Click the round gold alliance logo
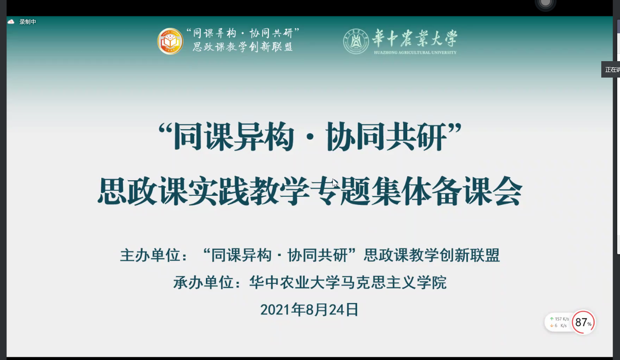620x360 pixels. [x=170, y=41]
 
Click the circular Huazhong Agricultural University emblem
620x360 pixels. [x=356, y=41]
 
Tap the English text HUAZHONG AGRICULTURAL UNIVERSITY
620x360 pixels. [x=415, y=52]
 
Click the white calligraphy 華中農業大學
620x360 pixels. [x=415, y=38]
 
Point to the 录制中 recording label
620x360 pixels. [x=28, y=21]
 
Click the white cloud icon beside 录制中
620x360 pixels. [x=11, y=21]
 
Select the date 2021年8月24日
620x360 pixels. [x=309, y=309]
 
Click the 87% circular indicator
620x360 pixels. [x=583, y=322]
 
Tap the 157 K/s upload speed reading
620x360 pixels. [x=559, y=319]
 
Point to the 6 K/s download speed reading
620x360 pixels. [x=559, y=325]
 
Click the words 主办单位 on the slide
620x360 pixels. [x=150, y=255]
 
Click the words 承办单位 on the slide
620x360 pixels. [x=204, y=282]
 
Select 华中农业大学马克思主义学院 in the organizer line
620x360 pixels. [x=348, y=282]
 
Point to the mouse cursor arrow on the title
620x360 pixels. [x=335, y=183]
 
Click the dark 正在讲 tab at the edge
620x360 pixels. [x=610, y=69]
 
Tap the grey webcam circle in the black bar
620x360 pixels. [x=545, y=3]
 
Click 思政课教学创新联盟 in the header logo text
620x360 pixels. [x=243, y=47]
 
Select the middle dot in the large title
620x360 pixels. [x=310, y=137]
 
